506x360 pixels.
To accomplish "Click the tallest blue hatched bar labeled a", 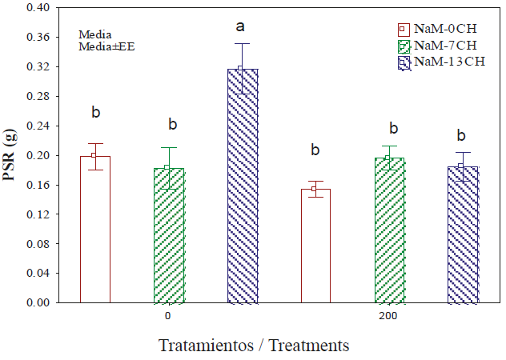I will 242,186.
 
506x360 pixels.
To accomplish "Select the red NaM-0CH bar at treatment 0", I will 94,230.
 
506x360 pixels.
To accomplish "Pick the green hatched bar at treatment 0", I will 168,236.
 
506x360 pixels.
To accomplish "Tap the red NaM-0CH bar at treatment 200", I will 315,246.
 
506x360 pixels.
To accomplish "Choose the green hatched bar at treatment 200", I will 388,230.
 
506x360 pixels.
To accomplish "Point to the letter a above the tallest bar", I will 240,28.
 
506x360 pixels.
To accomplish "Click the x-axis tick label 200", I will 388,316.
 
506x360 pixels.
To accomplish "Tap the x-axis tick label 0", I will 168,316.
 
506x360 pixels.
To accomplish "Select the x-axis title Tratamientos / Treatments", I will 254,346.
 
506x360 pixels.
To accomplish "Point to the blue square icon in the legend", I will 403,61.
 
